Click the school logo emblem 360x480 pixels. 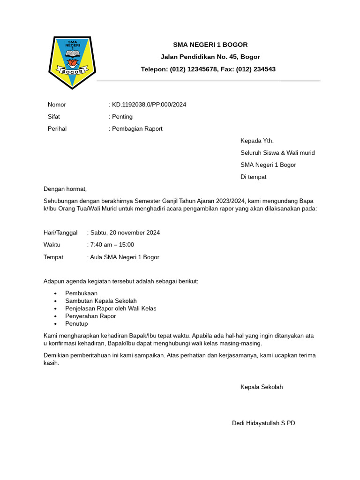pos(72,61)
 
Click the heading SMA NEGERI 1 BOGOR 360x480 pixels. pos(210,45)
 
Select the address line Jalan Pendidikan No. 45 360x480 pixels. pos(210,57)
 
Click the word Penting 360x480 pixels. pos(122,117)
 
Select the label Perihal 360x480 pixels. pos(57,129)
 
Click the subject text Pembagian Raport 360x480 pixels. pos(137,129)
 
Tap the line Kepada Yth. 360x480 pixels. pos(257,141)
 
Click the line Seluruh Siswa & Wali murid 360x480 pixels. pos(277,153)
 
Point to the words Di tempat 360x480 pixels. pos(253,177)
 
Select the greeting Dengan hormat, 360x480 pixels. pos(65,189)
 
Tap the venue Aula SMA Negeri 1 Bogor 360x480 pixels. pos(125,257)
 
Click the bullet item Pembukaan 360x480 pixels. pos(82,293)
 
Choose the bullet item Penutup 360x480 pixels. pos(76,324)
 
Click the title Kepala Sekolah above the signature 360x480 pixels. pos(262,387)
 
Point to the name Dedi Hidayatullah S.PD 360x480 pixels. pos(263,423)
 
